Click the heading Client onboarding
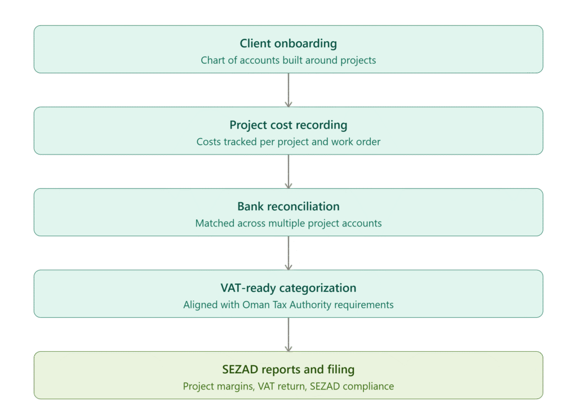click(x=288, y=43)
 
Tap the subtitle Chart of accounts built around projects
click(x=288, y=60)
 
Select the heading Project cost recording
click(x=288, y=125)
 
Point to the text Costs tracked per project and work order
click(x=288, y=141)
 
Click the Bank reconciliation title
click(x=288, y=206)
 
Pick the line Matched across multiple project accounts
click(x=288, y=223)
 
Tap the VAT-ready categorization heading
click(x=288, y=288)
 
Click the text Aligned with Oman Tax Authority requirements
click(x=288, y=305)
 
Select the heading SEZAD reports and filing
click(x=288, y=369)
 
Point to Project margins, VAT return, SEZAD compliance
click(x=288, y=386)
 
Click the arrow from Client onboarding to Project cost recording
click(x=288, y=90)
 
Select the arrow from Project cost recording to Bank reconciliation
click(x=288, y=171)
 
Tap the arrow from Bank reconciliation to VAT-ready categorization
click(x=288, y=253)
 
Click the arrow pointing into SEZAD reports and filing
click(x=288, y=335)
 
